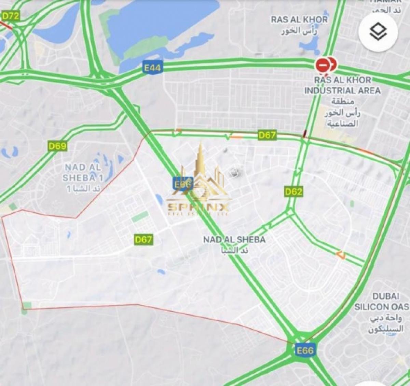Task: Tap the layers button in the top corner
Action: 378,32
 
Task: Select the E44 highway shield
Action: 152,68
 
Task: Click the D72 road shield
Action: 11,16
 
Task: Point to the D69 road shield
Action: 57,146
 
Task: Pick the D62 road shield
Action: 293,191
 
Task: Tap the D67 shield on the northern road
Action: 267,135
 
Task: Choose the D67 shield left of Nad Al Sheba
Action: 143,239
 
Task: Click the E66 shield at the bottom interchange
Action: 304,350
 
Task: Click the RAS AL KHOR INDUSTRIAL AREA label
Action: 342,85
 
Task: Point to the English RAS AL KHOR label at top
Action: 299,19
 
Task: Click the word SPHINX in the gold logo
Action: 198,207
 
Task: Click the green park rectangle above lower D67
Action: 140,217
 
